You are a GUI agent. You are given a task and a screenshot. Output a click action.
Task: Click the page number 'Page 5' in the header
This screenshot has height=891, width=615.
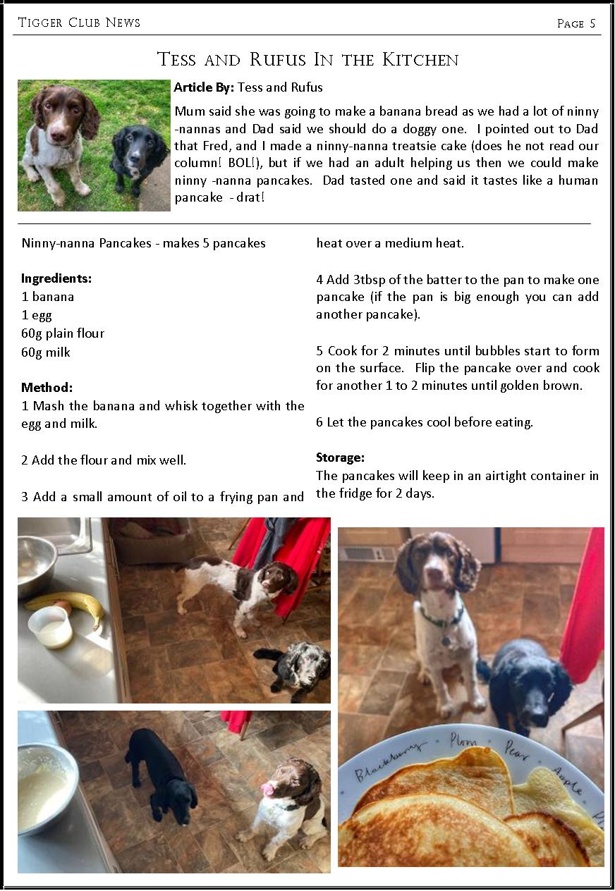[576, 23]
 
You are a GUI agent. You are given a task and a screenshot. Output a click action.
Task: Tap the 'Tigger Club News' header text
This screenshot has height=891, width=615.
[79, 23]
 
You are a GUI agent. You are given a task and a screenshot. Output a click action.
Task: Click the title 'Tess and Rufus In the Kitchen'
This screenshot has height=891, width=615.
[307, 59]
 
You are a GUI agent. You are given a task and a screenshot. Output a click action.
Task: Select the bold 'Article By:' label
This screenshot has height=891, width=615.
[204, 87]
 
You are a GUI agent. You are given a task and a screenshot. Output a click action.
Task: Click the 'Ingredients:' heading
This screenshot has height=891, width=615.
[56, 278]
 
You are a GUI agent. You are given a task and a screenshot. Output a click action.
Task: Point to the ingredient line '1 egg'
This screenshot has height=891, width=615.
[37, 315]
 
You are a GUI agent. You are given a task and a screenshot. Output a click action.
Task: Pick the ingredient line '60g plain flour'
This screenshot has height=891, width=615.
[63, 333]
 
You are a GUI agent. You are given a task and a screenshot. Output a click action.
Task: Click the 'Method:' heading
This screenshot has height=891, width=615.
[47, 388]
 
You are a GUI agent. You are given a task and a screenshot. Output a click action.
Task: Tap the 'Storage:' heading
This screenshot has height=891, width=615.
[340, 457]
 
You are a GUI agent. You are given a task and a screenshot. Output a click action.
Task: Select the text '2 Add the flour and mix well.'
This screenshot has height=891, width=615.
[104, 460]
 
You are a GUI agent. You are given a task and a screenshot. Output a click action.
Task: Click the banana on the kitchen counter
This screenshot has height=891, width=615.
[67, 606]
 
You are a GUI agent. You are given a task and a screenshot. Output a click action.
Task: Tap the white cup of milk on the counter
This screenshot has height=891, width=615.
[51, 625]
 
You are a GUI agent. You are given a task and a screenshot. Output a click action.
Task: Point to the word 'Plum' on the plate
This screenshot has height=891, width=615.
[464, 742]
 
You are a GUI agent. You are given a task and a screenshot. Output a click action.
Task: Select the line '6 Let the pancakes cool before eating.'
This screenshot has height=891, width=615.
[424, 422]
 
